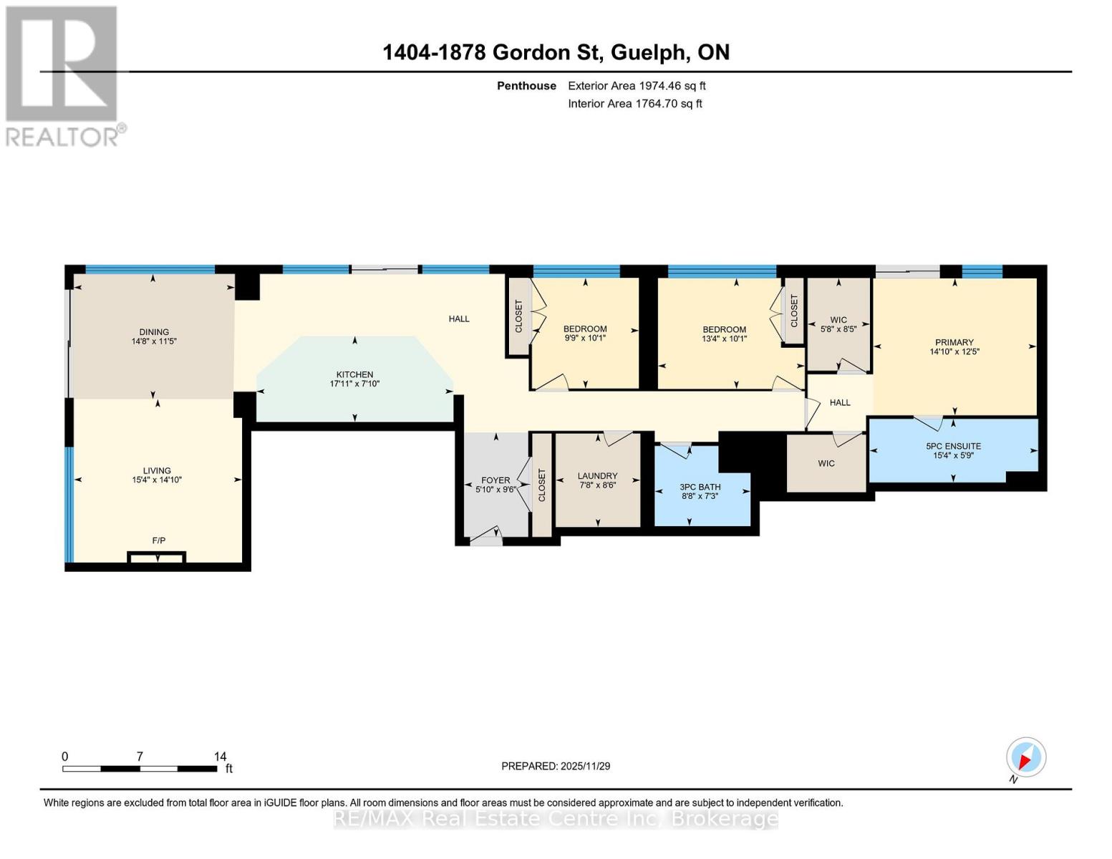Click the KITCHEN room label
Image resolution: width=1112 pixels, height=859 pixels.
pos(354,374)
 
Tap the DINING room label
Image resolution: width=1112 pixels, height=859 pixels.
pos(154,332)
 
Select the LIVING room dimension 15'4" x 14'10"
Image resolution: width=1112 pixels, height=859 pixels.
pos(157,480)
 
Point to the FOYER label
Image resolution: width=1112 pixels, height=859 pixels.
pos(495,480)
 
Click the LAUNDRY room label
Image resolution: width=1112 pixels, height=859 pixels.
pos(597,476)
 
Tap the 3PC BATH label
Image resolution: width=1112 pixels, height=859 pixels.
pos(700,487)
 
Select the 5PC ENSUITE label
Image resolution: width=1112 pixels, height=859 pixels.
pos(953,446)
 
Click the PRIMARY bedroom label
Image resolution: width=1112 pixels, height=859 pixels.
pos(954,342)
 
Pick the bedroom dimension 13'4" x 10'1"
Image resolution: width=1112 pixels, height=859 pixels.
pos(724,339)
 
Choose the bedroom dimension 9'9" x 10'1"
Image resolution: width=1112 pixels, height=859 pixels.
pos(585,339)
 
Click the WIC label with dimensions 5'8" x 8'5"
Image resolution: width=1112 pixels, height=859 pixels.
pos(838,320)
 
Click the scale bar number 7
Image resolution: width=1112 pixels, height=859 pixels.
pos(140,756)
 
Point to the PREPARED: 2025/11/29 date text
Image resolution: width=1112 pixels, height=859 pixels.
pos(556,766)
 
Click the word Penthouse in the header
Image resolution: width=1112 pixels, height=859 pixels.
pos(526,86)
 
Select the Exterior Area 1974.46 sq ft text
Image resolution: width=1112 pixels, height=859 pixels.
pos(637,86)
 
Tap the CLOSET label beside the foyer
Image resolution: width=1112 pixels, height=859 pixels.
pos(542,485)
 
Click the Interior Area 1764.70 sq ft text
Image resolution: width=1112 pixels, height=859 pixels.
pos(635,104)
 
